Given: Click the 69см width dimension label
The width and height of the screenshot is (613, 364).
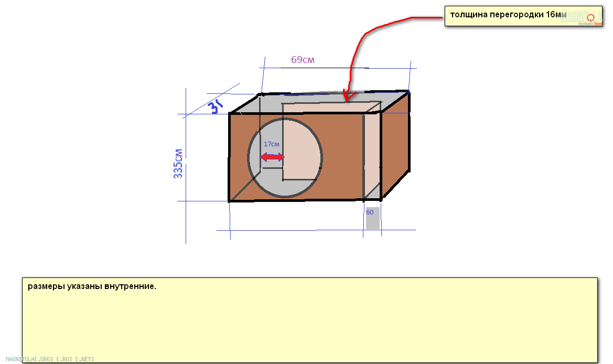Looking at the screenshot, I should (x=303, y=60).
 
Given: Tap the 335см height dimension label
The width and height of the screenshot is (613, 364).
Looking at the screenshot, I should (x=178, y=163).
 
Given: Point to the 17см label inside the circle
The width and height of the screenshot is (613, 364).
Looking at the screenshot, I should (x=271, y=144).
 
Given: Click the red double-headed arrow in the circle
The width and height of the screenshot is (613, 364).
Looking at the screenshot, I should (x=272, y=157).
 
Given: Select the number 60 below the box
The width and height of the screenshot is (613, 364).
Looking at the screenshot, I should (x=370, y=212).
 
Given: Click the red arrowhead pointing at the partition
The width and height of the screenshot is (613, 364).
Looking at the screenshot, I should (x=346, y=97).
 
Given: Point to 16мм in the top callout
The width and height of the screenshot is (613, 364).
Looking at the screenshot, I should (x=556, y=15).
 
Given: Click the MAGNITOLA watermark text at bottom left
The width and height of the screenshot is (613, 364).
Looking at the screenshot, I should (x=50, y=359).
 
